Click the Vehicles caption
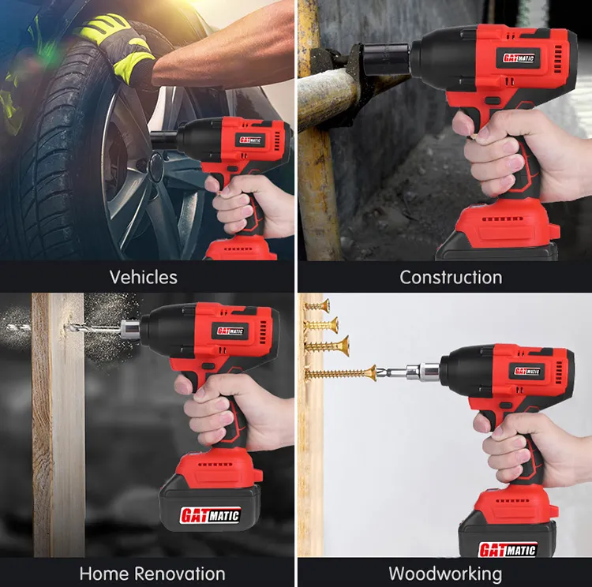pyautogui.click(x=144, y=277)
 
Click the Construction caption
pyautogui.click(x=450, y=277)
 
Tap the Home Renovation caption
pyautogui.click(x=152, y=573)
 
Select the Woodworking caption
pyautogui.click(x=445, y=573)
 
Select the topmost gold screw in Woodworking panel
pyautogui.click(x=317, y=305)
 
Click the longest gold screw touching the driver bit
pyautogui.click(x=339, y=372)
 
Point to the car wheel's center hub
pyautogui.click(x=155, y=167)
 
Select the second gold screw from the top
pyautogui.click(x=322, y=323)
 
